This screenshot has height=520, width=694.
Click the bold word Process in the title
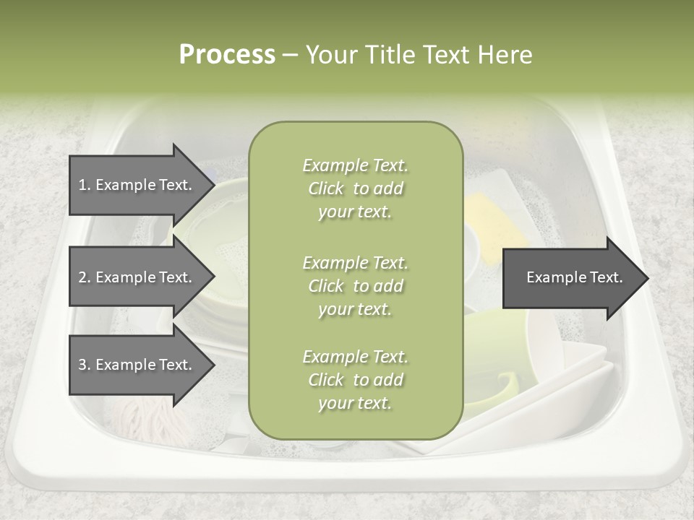coord(227,54)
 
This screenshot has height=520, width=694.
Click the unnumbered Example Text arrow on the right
coord(574,277)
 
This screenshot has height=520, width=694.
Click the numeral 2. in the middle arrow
coord(85,277)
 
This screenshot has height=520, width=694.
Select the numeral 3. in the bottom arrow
coord(85,365)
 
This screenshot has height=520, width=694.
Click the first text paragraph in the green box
coord(355,188)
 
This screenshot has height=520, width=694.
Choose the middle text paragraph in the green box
coord(355,286)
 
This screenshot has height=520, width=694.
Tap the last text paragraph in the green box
coord(355,380)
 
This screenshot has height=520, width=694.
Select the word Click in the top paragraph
coord(326,188)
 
